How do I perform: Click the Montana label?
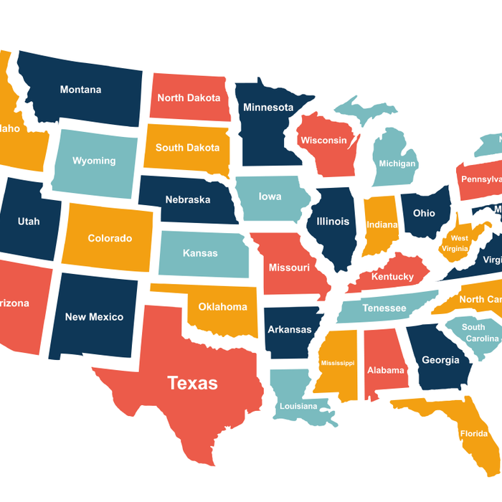80,90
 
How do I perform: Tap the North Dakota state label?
189,98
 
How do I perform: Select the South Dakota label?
187,148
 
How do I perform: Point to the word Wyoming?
94,161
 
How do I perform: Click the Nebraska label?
187,199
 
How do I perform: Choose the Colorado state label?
110,238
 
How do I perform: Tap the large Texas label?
192,383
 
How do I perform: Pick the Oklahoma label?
222,307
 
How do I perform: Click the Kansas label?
200,253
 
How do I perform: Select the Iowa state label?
270,196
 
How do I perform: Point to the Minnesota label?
268,108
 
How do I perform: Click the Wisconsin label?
324,140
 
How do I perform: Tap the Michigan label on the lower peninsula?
397,164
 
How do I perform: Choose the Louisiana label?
298,406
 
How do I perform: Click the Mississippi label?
337,363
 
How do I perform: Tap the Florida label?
473,433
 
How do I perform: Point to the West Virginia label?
459,243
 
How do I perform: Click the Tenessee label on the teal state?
384,308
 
